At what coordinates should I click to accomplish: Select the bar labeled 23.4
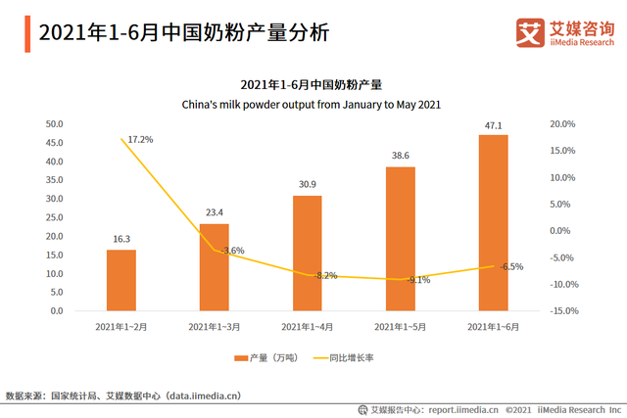point(214,267)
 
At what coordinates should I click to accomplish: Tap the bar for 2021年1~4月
point(307,254)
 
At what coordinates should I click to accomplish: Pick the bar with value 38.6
point(400,239)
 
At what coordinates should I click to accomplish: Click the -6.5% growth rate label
point(509,266)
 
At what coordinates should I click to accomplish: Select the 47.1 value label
point(493,125)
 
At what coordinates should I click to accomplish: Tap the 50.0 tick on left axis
point(55,124)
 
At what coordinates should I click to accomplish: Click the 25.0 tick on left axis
point(55,217)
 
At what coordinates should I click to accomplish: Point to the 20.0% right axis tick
point(562,124)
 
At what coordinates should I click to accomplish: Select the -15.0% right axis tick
point(561,311)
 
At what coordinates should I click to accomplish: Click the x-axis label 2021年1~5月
point(400,326)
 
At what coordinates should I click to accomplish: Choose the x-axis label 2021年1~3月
point(214,326)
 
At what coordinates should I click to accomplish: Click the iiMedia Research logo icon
point(530,32)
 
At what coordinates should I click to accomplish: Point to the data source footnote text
point(122,395)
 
